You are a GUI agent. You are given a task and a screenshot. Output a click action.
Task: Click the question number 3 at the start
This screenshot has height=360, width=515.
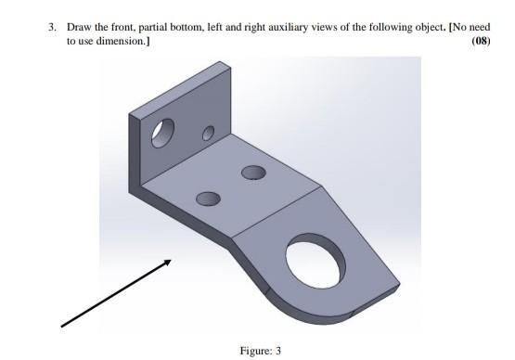[51, 28]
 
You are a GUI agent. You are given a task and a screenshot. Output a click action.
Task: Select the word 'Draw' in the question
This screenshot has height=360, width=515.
[78, 28]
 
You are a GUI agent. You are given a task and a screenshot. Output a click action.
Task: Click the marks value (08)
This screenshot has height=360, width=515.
[480, 42]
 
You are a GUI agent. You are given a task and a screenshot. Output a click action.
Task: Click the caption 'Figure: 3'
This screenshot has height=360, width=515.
[259, 350]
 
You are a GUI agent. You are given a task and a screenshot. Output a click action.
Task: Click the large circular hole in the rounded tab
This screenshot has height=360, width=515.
[316, 259]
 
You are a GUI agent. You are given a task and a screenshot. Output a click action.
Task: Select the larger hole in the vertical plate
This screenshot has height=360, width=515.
[164, 134]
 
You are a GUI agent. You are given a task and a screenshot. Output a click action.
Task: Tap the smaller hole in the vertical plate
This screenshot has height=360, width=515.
[208, 135]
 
